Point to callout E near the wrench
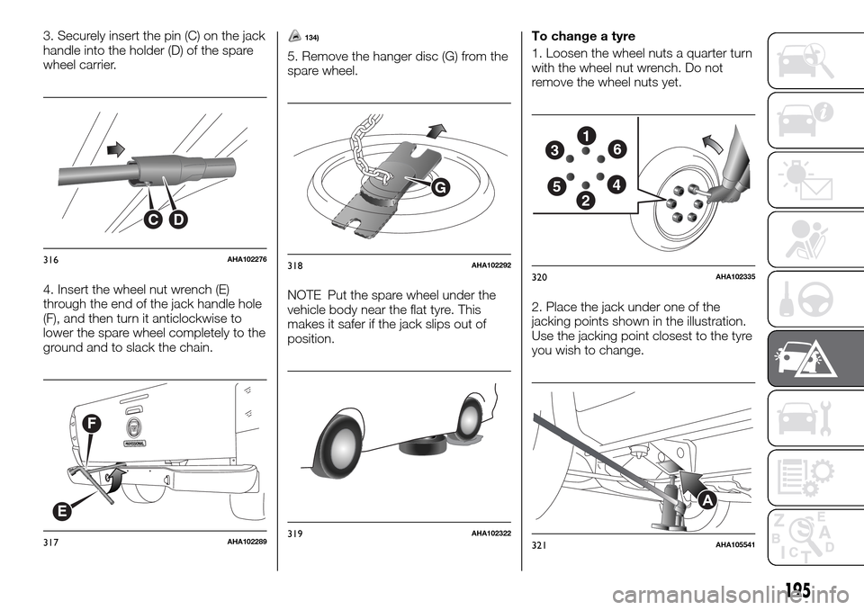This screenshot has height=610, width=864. click(61, 511)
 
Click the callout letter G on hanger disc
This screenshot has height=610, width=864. click(441, 189)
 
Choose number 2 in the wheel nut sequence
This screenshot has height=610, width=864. click(587, 199)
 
